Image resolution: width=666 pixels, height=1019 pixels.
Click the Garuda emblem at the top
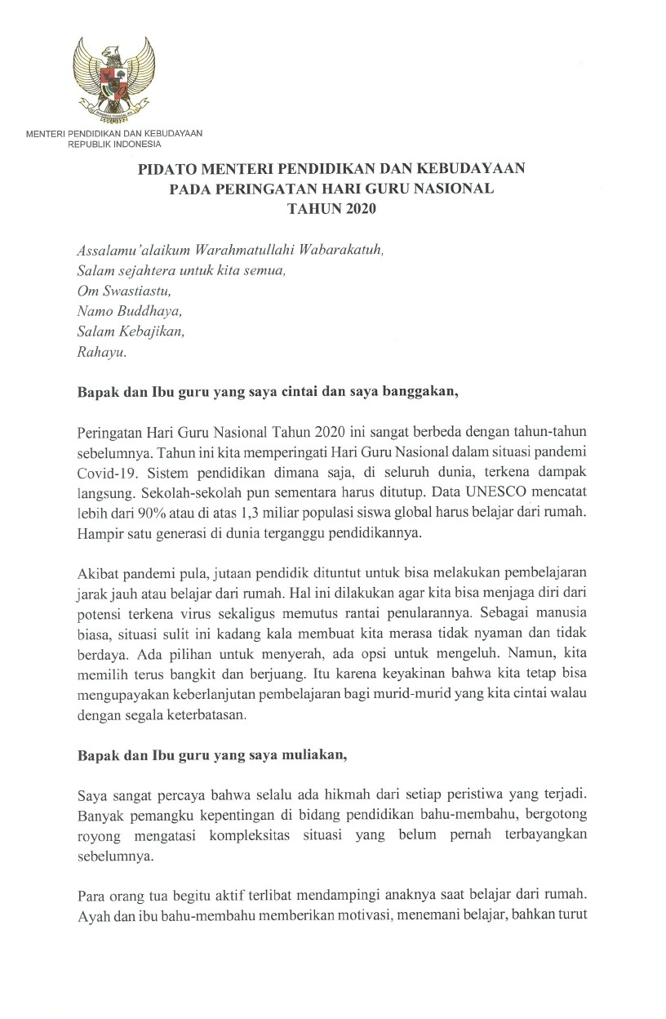pos(113,78)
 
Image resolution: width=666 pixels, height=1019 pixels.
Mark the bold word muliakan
pos(312,755)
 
